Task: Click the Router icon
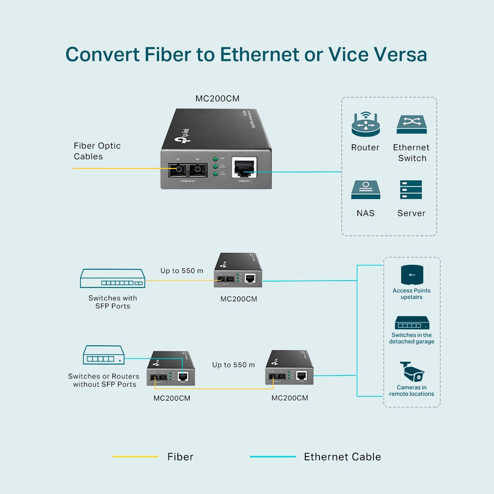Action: pyautogui.click(x=365, y=124)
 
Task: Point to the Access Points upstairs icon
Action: pyautogui.click(x=412, y=275)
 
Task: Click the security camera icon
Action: pyautogui.click(x=411, y=372)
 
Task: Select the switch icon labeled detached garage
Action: pyautogui.click(x=412, y=323)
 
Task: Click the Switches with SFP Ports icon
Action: pyautogui.click(x=113, y=279)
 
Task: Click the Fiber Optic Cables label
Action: pyautogui.click(x=97, y=151)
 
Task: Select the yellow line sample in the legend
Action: pyautogui.click(x=135, y=457)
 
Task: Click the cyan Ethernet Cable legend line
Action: pyautogui.click(x=273, y=457)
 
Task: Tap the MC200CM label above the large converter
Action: pyautogui.click(x=217, y=99)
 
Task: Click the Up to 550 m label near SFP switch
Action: pyautogui.click(x=181, y=271)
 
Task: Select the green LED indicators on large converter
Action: pyautogui.click(x=215, y=166)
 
